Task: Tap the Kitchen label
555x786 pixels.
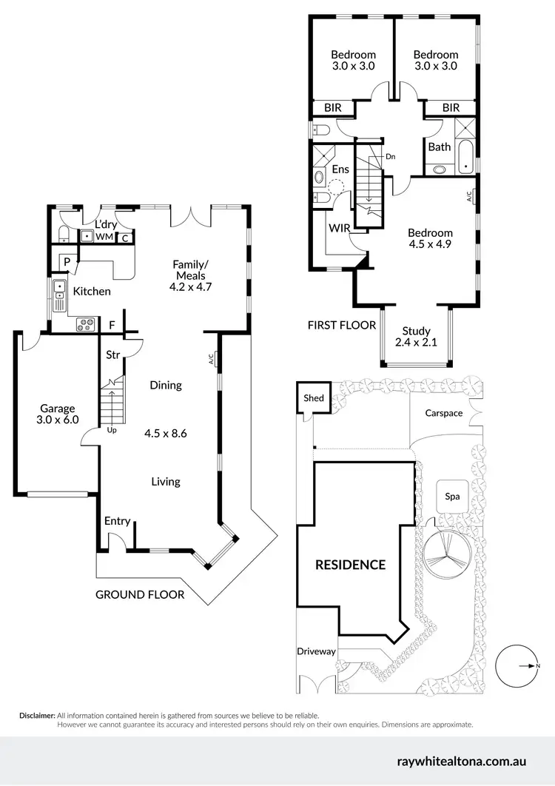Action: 92,291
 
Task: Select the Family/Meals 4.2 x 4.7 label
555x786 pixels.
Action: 190,275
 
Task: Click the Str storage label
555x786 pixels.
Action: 112,355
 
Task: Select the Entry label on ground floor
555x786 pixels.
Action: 117,521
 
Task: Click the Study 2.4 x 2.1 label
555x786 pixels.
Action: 415,337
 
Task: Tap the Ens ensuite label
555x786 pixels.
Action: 340,169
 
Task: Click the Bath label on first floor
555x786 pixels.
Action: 440,147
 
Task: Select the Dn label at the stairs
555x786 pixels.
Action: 391,156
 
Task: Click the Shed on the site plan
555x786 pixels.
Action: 314,398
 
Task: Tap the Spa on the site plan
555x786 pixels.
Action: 452,497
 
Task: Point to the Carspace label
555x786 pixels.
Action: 443,413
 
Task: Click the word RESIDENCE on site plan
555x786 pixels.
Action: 351,565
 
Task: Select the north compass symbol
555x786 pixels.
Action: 518,666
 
